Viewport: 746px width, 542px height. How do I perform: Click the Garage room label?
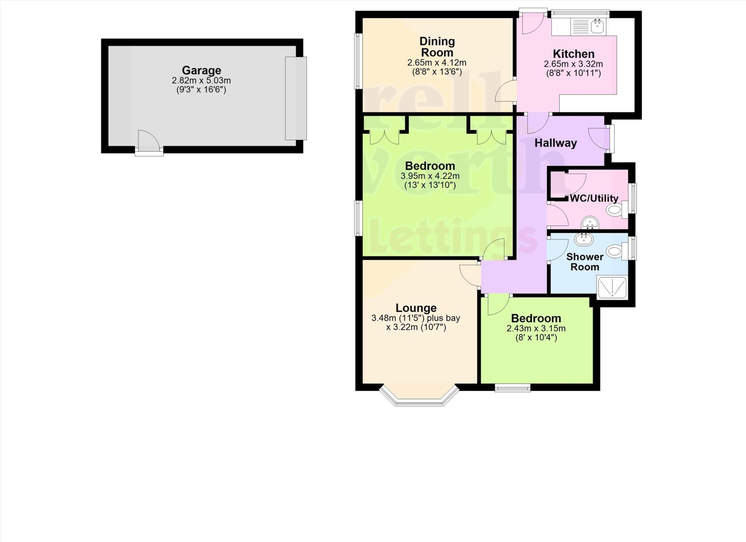(x=201, y=70)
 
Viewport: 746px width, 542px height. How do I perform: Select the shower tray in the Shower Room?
(x=612, y=287)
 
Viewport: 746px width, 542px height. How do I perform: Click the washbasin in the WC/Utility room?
(x=590, y=223)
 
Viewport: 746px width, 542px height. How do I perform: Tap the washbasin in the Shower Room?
(x=584, y=240)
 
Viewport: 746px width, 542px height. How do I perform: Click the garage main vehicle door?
(x=296, y=98)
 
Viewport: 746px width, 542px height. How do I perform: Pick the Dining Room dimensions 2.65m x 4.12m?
(x=437, y=63)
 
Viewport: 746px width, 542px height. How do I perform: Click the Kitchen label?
(x=573, y=54)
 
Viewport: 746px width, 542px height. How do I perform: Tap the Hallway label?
(x=555, y=143)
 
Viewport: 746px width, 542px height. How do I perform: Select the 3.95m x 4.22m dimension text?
(x=430, y=176)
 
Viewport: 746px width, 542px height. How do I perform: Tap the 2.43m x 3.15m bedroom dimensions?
(x=536, y=329)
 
